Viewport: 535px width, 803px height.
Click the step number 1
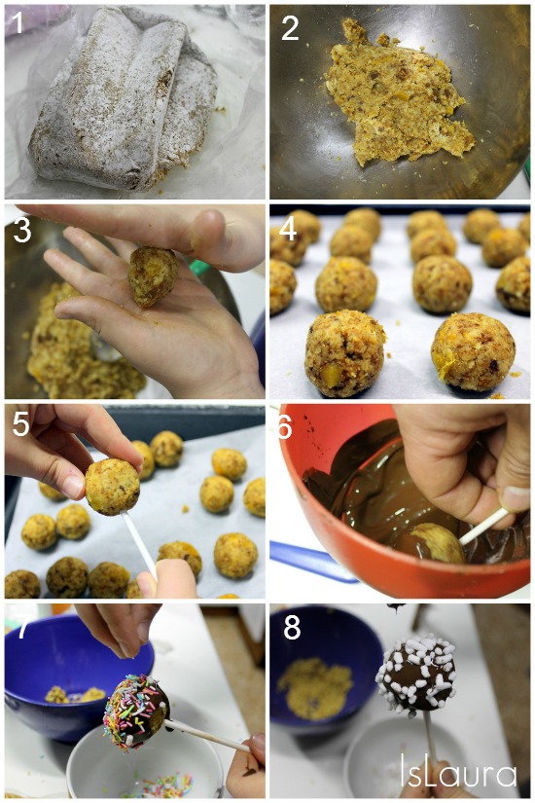click(x=18, y=23)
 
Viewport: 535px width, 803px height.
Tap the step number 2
click(x=290, y=28)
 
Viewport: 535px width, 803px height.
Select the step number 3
click(x=22, y=231)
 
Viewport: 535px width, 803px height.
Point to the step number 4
click(x=288, y=229)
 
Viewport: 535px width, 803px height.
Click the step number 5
click(x=21, y=424)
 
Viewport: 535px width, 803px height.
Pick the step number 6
click(x=285, y=426)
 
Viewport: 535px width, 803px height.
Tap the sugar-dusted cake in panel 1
click(x=123, y=100)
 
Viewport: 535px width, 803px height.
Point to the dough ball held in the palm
click(x=153, y=275)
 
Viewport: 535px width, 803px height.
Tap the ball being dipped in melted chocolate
click(x=434, y=543)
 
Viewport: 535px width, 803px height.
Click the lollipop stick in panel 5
click(x=139, y=544)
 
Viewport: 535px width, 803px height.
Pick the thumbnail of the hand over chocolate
click(x=515, y=498)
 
